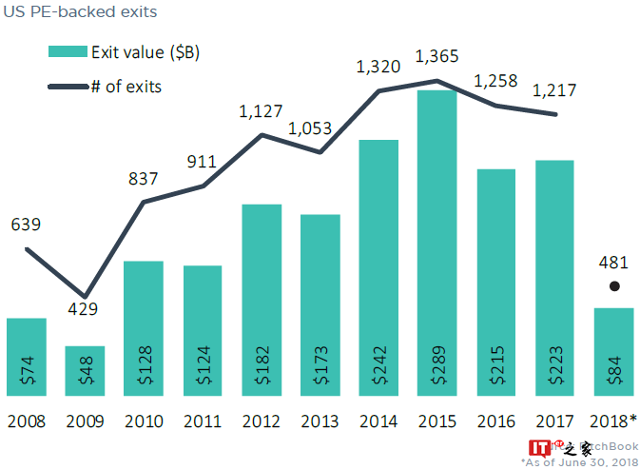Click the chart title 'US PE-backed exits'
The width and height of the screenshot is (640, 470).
coord(81,13)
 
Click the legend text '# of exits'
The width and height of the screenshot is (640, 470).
coord(126,87)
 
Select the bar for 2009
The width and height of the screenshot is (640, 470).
coord(85,371)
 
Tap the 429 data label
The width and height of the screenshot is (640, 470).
coord(82,309)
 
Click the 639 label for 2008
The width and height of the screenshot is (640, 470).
coord(27,225)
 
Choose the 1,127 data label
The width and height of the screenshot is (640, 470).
coord(262,112)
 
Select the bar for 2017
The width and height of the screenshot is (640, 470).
coord(554,276)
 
